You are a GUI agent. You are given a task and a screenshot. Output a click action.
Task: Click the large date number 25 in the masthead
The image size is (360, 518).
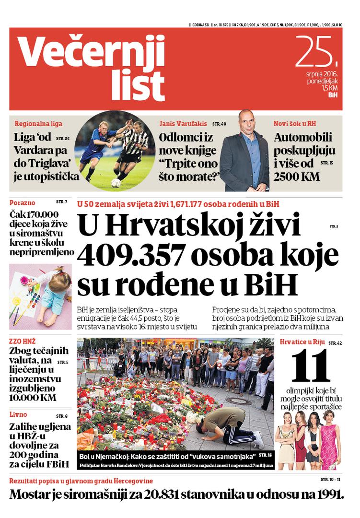315,52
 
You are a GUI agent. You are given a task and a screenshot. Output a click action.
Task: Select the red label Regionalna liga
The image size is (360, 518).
38,123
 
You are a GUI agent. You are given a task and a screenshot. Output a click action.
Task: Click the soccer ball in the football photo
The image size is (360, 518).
116,182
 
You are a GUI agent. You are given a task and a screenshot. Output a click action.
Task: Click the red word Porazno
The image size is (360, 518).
23,201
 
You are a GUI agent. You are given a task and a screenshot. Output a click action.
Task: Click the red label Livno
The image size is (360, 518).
18,414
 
